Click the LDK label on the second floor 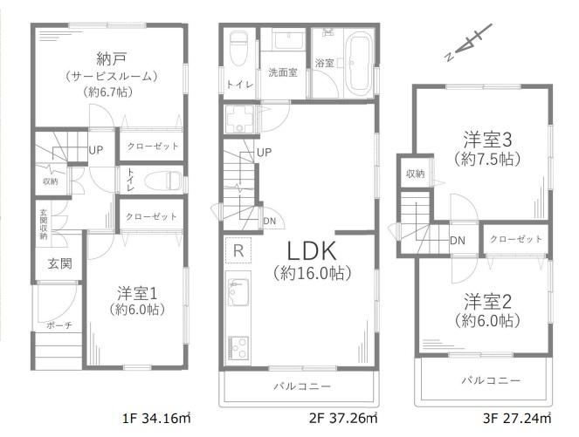[312, 251]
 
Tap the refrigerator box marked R [238, 250]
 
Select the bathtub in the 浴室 [360, 64]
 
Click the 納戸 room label [111, 59]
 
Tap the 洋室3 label [487, 140]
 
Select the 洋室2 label [487, 302]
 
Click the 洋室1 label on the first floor [137, 294]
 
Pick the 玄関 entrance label [59, 263]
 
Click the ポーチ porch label [59, 325]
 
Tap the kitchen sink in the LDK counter [238, 291]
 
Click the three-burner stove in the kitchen [238, 348]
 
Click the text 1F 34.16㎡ [156, 418]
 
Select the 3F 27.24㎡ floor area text [517, 418]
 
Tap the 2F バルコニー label [302, 386]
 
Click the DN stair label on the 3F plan [458, 241]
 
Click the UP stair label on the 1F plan [96, 150]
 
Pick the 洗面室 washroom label [282, 72]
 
